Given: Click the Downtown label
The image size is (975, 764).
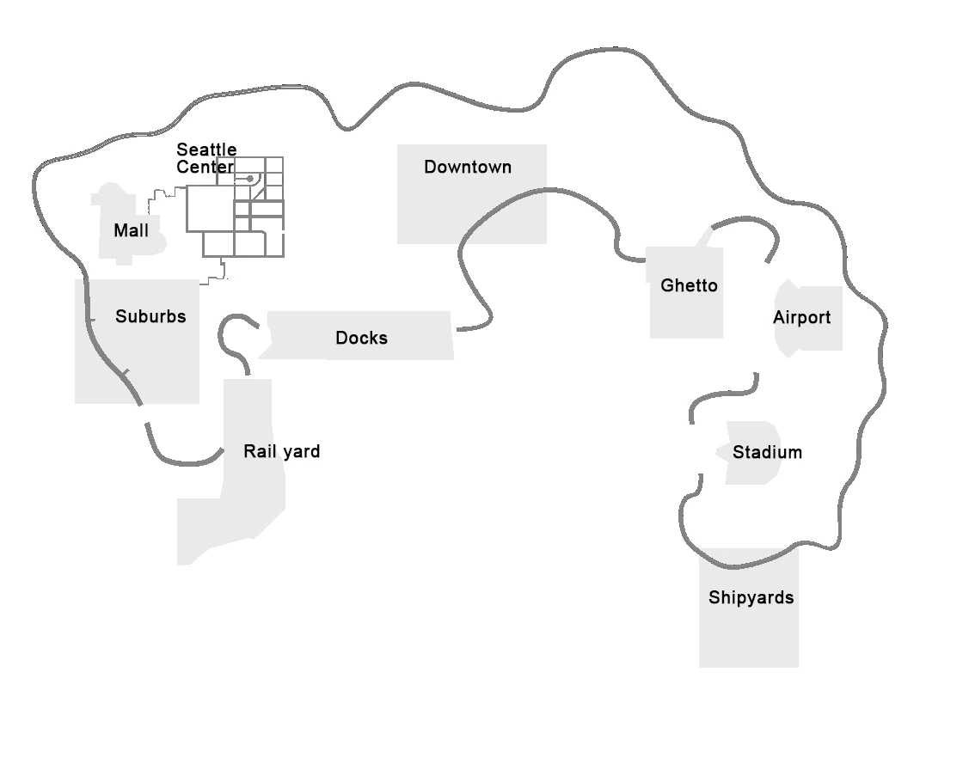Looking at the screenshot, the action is click(468, 168).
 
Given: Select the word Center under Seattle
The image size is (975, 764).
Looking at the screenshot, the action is click(205, 168).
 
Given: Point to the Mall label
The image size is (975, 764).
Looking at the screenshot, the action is click(131, 231).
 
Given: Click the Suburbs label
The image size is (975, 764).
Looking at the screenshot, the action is click(150, 317).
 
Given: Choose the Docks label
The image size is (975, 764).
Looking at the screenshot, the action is click(361, 339).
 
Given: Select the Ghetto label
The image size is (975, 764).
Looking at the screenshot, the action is click(689, 285).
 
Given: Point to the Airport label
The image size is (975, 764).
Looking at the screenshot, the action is click(801, 318).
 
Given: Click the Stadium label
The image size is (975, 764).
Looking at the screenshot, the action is click(767, 453).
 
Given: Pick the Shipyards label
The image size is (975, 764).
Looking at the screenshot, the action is click(751, 598).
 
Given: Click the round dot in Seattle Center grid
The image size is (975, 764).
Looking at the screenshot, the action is click(250, 179).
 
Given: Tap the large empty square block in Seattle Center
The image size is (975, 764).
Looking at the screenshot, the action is click(209, 209).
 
